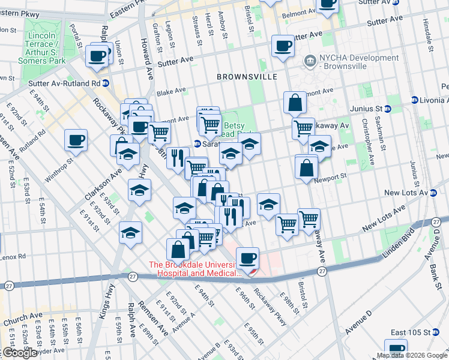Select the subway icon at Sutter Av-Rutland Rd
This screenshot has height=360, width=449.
106,83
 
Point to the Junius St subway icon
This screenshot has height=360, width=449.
388,109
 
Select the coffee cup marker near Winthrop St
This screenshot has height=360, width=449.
76,140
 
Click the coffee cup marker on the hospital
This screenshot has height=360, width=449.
247,259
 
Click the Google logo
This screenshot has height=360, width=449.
20,353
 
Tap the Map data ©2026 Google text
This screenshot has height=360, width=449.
411,355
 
